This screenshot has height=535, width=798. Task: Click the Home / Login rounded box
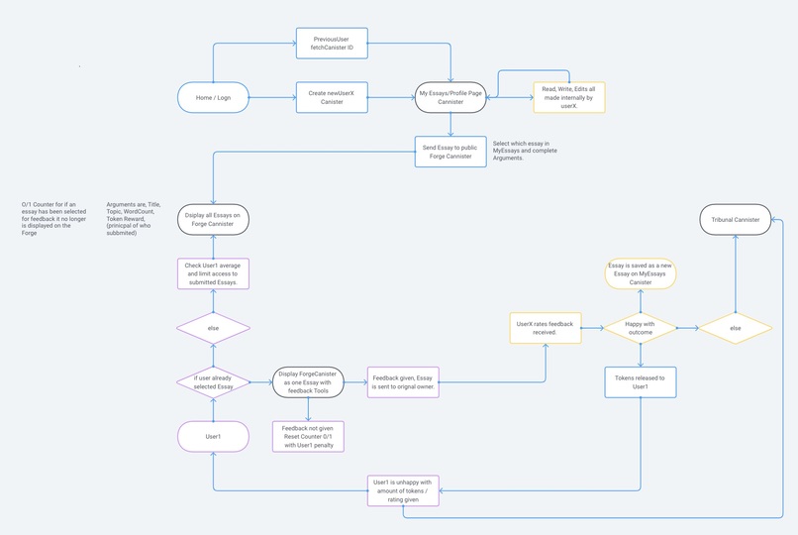tap(213, 97)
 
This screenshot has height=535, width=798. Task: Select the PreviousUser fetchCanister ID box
tap(332, 44)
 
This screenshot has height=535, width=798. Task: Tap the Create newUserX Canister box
tap(332, 97)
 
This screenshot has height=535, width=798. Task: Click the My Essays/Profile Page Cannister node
tap(450, 97)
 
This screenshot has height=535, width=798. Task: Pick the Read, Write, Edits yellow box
tap(569, 97)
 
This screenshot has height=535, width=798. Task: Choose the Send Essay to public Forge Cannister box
tap(450, 152)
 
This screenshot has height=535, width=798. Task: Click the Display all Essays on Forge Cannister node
tap(213, 220)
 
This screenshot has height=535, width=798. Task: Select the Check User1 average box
tap(213, 274)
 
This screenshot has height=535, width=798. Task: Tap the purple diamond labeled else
tap(213, 328)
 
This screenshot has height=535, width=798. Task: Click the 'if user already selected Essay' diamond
tap(213, 382)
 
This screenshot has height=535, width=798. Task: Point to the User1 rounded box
tap(213, 436)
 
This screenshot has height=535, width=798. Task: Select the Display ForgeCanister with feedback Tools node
tap(308, 382)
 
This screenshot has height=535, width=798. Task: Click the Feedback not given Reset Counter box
tap(308, 436)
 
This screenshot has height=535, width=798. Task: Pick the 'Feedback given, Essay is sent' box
tap(402, 382)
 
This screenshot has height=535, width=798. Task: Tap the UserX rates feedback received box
tap(546, 328)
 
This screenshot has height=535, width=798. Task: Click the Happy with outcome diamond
tap(641, 328)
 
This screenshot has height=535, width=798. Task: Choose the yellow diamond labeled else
tap(736, 328)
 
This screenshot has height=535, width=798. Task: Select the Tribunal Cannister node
tap(736, 220)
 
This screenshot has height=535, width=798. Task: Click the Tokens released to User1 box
tap(641, 382)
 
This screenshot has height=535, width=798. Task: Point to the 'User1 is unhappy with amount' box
tap(402, 490)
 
